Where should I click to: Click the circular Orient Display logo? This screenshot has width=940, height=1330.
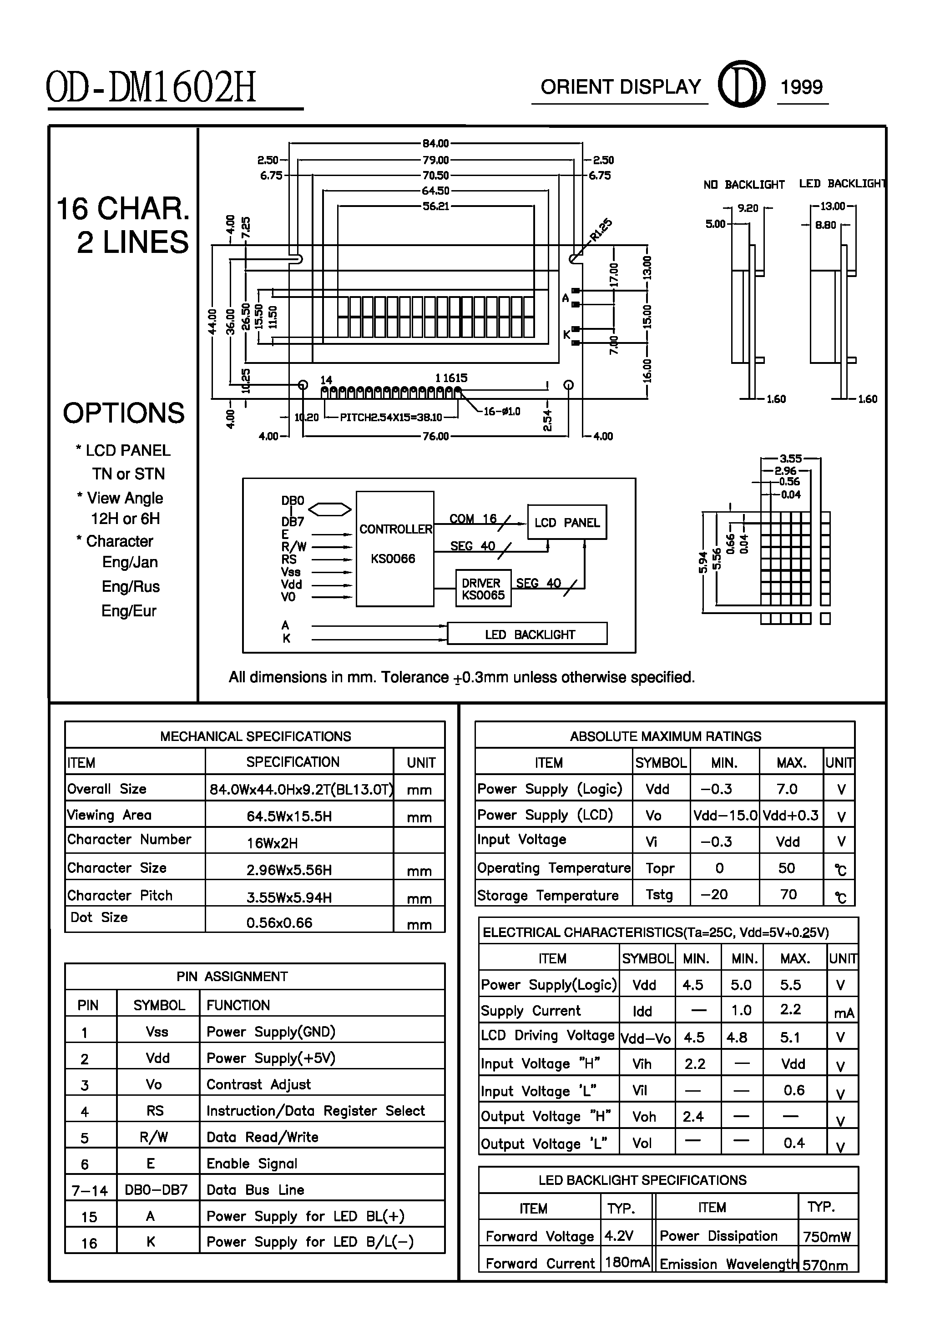[741, 85]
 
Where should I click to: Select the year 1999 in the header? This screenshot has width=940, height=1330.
[802, 87]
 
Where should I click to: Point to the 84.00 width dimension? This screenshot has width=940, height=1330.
[435, 143]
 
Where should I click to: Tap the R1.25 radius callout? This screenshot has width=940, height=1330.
[601, 229]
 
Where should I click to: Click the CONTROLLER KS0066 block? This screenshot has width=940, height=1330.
[394, 548]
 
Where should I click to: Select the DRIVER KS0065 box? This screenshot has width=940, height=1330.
[483, 589]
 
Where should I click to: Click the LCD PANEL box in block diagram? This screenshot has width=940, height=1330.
[567, 523]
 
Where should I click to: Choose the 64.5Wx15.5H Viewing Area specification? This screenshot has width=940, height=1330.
[289, 816]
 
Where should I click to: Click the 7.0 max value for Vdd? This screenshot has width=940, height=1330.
[787, 789]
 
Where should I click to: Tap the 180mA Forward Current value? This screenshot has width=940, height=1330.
[627, 1262]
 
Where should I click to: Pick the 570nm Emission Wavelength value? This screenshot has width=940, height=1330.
[825, 1265]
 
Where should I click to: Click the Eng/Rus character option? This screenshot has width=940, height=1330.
[131, 586]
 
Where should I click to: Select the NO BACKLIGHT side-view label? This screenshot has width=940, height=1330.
[743, 185]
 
